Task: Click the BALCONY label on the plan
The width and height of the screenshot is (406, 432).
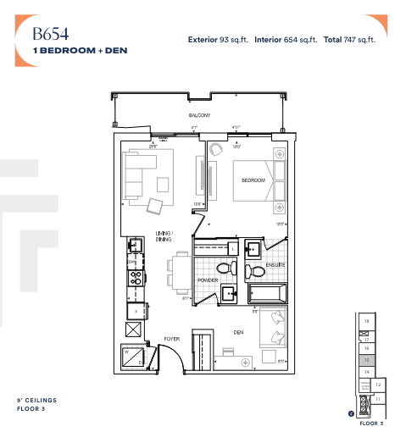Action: (x=200, y=114)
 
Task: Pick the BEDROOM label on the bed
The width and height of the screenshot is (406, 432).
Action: (x=253, y=180)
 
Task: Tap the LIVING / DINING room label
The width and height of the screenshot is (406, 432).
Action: (x=163, y=235)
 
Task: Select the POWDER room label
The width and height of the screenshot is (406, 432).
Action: (x=209, y=280)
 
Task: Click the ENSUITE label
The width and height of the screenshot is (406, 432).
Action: (x=275, y=266)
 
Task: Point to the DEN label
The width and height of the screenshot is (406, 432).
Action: (x=240, y=332)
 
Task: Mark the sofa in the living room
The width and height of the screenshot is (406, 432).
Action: (x=137, y=171)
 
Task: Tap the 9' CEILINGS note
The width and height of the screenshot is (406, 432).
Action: (x=37, y=400)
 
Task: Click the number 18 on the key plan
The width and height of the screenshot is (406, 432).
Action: (x=366, y=322)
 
